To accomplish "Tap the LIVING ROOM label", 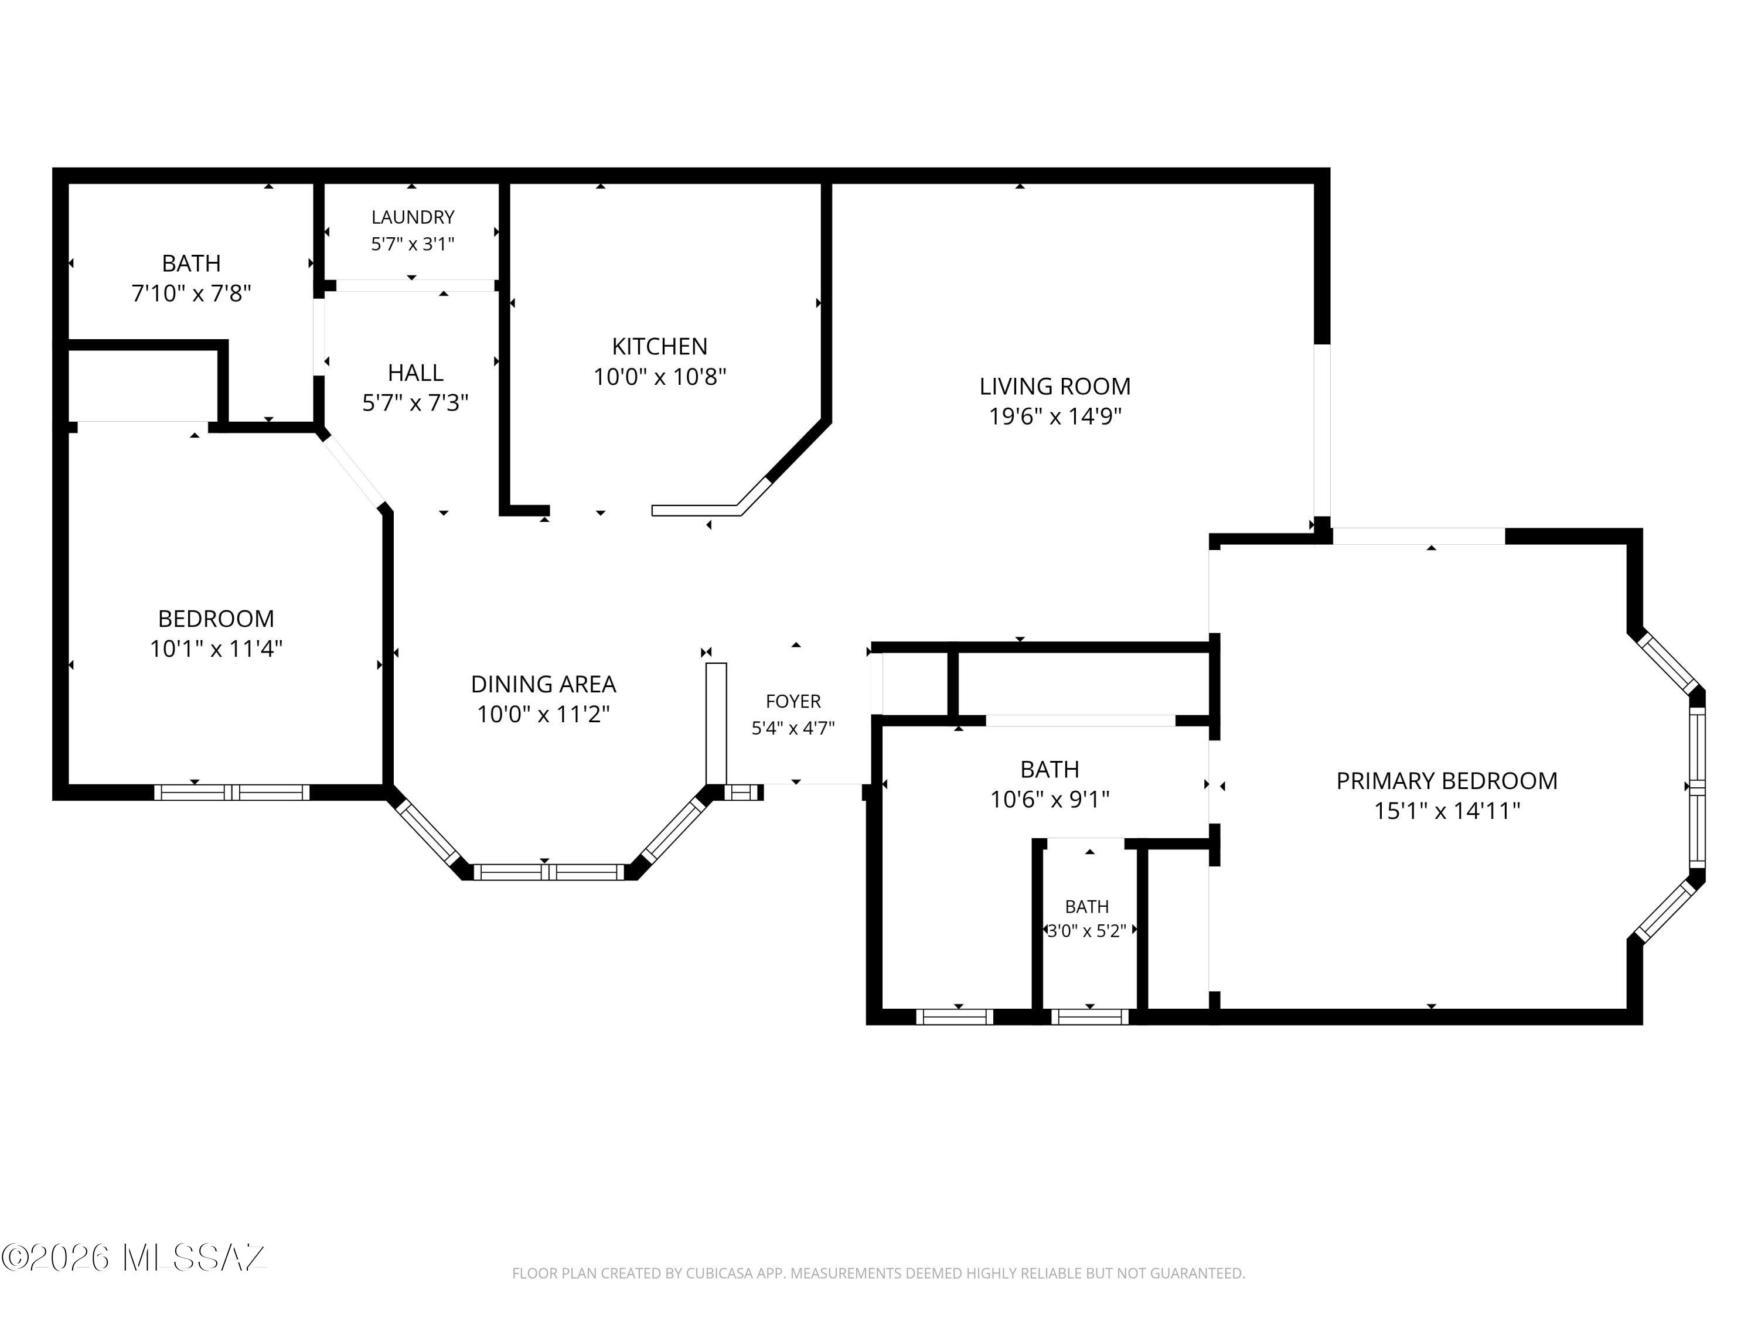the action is [x=1055, y=386].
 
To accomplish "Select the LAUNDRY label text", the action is [x=413, y=217].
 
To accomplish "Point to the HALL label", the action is [x=415, y=373].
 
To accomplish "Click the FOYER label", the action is [x=793, y=702].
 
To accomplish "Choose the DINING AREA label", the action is [x=544, y=684].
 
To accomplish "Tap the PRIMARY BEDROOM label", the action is [x=1446, y=781].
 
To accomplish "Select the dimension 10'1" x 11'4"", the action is [x=216, y=649].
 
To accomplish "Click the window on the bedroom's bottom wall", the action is [x=231, y=792].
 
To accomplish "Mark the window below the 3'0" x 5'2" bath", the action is [x=1089, y=1017].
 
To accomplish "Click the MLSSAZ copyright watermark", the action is [x=134, y=1258].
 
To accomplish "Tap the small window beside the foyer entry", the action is [x=741, y=792].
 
